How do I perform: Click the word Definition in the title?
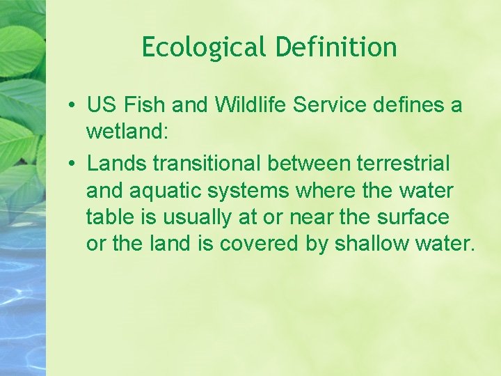pyautogui.click(x=336, y=48)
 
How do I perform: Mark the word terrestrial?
pyautogui.click(x=403, y=164)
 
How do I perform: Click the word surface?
pyautogui.click(x=413, y=217)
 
